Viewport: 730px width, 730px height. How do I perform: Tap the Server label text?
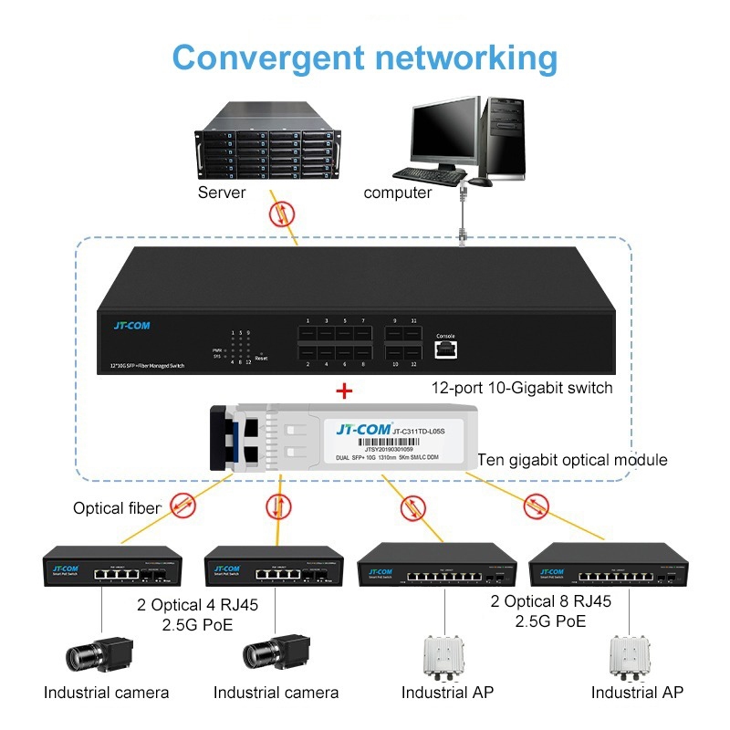[222, 193]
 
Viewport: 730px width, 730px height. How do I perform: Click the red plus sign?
[344, 391]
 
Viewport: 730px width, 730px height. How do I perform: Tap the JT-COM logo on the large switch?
[131, 326]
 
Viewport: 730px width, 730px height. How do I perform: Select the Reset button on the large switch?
[261, 352]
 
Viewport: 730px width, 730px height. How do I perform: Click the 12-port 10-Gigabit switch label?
[522, 388]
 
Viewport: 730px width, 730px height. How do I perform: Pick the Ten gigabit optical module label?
[572, 460]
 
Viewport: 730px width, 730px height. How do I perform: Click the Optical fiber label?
[117, 507]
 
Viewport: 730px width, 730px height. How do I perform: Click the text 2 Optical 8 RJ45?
[550, 602]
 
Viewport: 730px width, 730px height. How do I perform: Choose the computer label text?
[397, 193]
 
